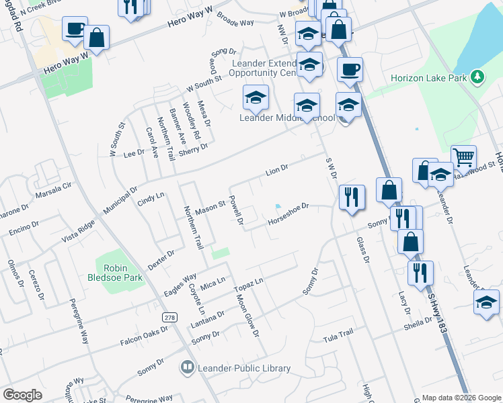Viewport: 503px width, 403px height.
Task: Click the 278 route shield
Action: click(x=171, y=318)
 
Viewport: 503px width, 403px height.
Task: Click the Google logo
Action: click(x=23, y=394)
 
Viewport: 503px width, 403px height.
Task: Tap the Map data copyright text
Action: click(x=461, y=398)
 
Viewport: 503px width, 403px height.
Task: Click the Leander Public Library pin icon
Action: click(x=187, y=367)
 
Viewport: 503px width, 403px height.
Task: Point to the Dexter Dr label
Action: click(x=161, y=259)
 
